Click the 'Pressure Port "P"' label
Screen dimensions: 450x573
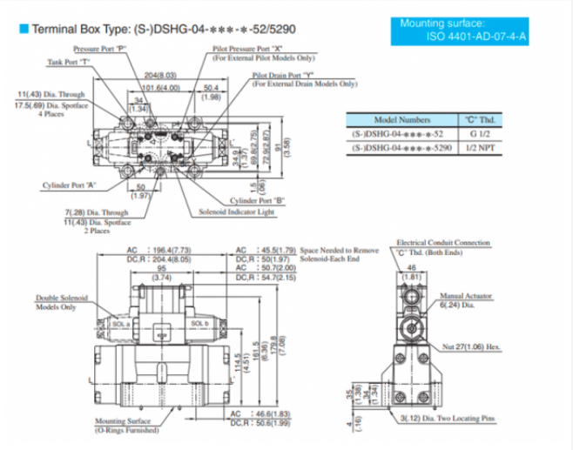coord(101,50)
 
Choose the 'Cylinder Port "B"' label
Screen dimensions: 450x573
coord(257,200)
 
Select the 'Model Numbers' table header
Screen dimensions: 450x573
coord(401,119)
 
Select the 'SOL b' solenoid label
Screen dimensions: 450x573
coord(199,323)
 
